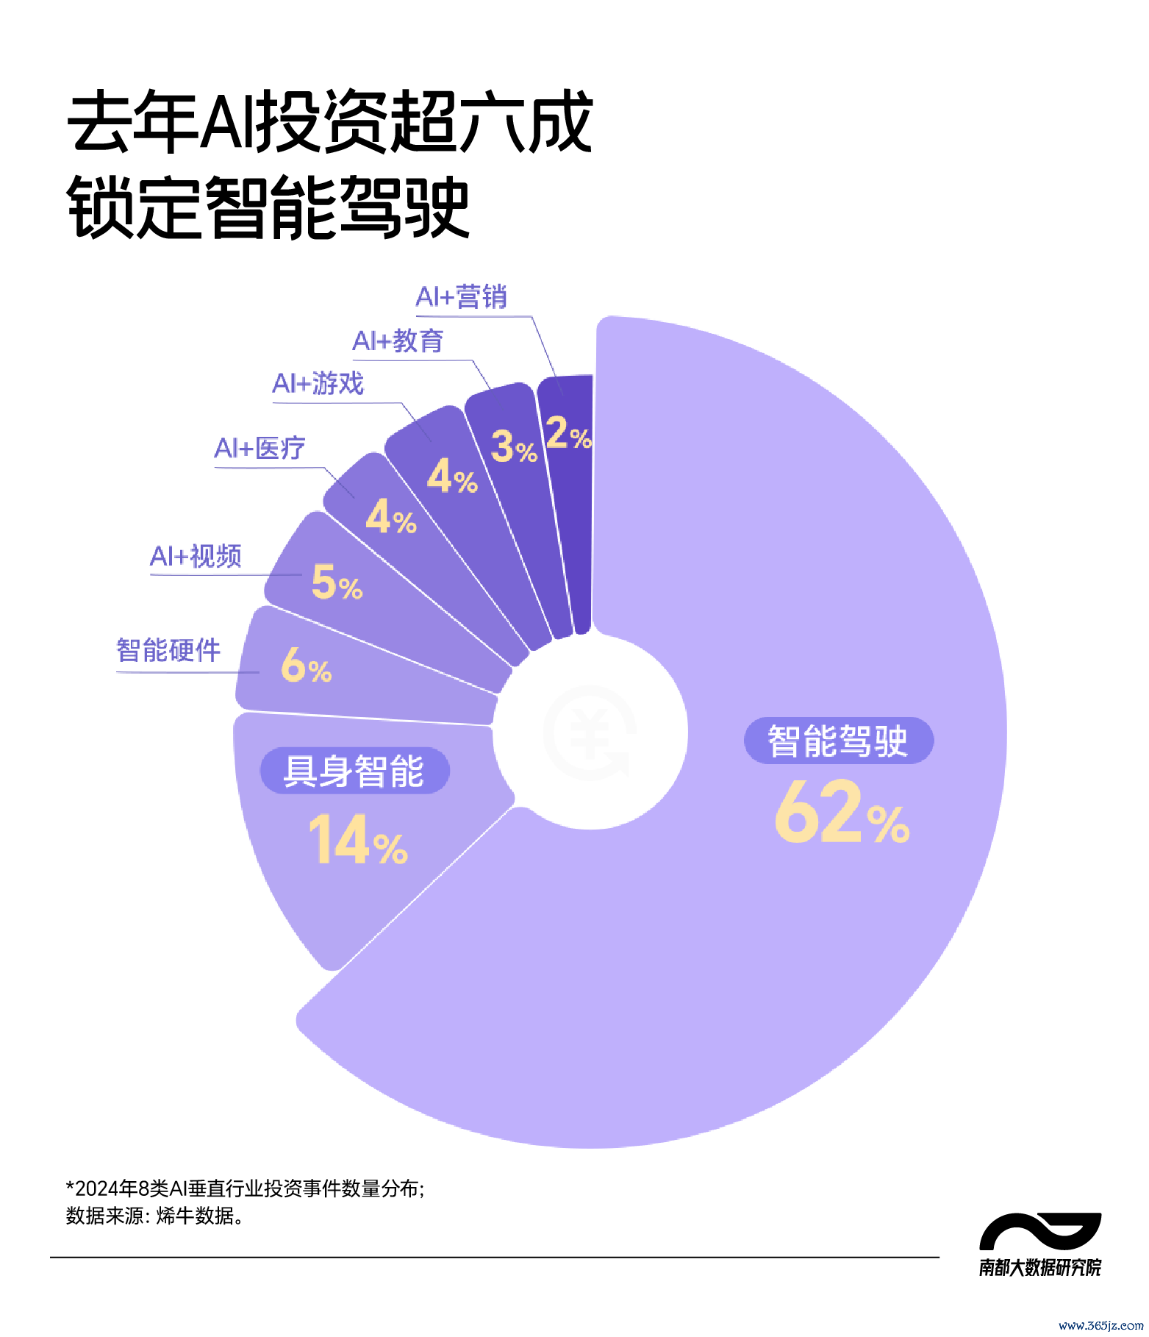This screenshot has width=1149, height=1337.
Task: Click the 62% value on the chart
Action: tap(842, 813)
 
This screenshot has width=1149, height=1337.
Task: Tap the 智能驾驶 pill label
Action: tap(838, 741)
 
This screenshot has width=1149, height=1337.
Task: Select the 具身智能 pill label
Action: tap(354, 771)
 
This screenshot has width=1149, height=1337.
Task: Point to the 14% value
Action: tap(357, 841)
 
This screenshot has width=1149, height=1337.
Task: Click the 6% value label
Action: tap(307, 665)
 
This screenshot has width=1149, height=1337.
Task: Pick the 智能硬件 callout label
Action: tap(168, 650)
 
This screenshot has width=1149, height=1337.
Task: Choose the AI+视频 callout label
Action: tap(196, 556)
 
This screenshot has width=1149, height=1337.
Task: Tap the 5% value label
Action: tap(337, 582)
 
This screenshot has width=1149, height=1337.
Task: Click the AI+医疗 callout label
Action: tap(259, 448)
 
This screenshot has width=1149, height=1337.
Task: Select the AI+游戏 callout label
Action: tap(318, 383)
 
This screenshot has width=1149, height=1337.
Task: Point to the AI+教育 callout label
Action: tap(398, 341)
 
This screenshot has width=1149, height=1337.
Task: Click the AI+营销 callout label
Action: tap(461, 296)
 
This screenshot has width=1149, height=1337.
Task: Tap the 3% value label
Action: tap(514, 447)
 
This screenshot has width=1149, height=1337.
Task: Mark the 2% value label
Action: tap(568, 433)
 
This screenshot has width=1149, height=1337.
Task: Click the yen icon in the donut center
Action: tap(590, 732)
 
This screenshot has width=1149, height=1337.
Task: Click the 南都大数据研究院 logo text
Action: tap(1039, 1267)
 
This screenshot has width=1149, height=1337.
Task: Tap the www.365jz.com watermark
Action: tap(1100, 1325)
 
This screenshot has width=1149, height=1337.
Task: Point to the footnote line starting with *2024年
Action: tap(245, 1188)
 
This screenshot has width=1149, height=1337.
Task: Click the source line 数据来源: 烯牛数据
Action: tap(155, 1216)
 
